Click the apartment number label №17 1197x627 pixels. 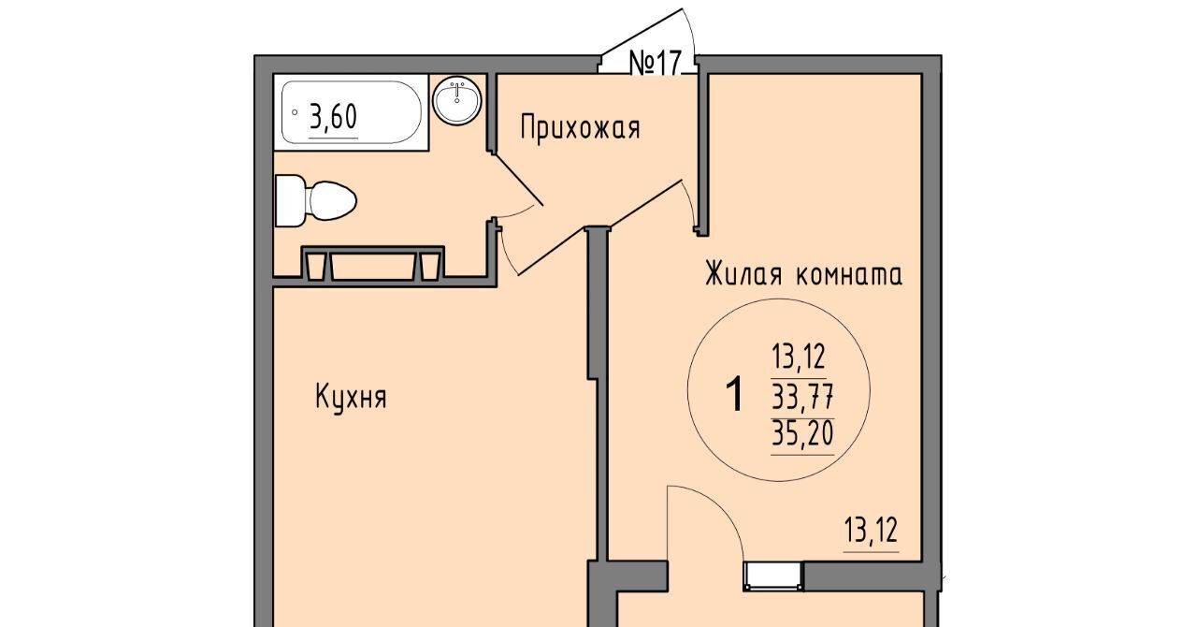pos(656,64)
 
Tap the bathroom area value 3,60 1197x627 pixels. pos(333,117)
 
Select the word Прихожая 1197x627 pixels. pos(581,128)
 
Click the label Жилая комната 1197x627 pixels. pos(803,273)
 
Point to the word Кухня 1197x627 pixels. pos(351,397)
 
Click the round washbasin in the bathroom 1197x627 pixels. pos(457,101)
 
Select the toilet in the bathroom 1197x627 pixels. pos(315,200)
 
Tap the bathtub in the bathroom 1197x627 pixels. pos(351,113)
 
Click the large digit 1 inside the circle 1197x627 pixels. pos(735,394)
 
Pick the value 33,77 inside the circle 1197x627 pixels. pos(802,397)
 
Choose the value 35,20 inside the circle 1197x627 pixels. pos(802,433)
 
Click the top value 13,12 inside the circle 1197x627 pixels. pos(799,357)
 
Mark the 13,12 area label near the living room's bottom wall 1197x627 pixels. pos(872,531)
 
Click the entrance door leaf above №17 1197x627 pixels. pos(642,31)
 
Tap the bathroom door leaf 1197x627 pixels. pos(518,180)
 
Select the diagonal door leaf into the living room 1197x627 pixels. pos(599,228)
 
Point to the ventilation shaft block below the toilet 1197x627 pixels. pos(373,263)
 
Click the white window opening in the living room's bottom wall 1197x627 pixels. pos(773,576)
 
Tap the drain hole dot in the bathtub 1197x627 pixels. pos(295,112)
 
